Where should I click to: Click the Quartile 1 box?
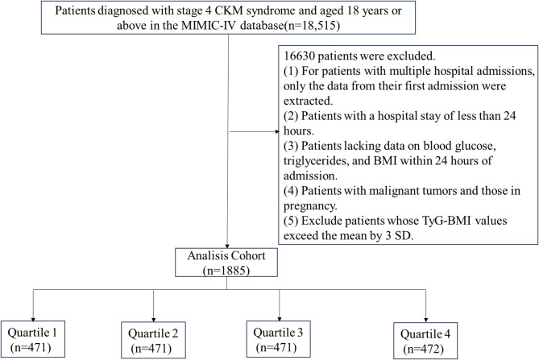click(33, 339)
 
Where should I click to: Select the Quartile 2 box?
click(153, 340)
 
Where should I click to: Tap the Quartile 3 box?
click(279, 339)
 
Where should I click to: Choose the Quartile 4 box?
click(425, 341)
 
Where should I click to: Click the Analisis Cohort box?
click(226, 263)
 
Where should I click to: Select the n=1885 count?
click(226, 271)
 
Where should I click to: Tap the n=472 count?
click(424, 349)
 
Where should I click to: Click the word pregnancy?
click(310, 206)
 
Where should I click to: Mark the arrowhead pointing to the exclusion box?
click(277, 131)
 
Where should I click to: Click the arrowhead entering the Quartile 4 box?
click(426, 320)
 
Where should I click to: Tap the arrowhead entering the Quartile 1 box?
click(33, 318)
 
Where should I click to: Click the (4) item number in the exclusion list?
click(291, 191)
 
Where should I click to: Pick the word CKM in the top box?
click(229, 10)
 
